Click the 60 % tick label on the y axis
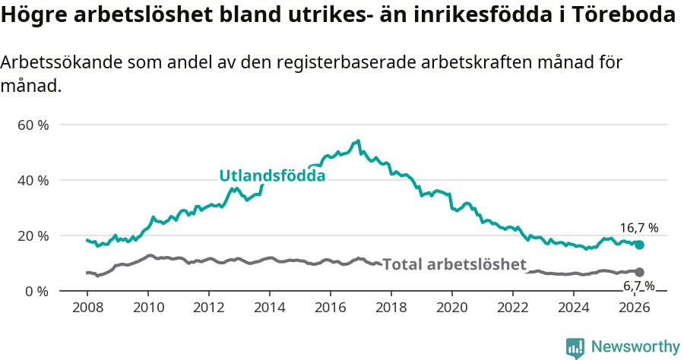click(33, 125)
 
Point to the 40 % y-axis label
click(33, 180)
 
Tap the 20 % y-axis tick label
click(33, 235)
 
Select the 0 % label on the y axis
click(36, 291)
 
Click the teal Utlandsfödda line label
click(272, 175)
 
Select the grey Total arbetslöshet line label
click(454, 264)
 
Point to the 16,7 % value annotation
click(638, 228)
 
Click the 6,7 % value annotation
click(638, 286)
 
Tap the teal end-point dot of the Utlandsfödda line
click(640, 245)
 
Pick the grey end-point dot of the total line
click(640, 272)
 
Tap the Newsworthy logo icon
click(575, 348)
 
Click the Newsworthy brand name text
click(635, 347)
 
